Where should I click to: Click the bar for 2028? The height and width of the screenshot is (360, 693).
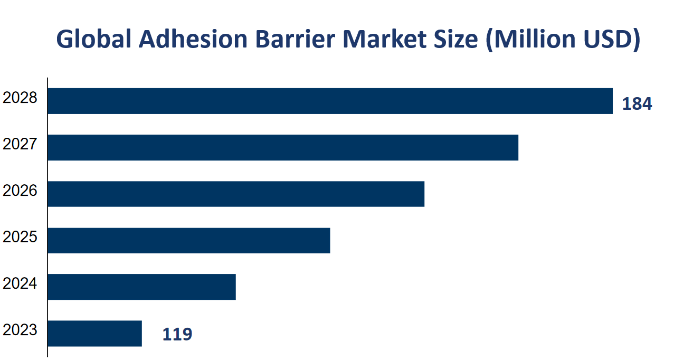click(330, 101)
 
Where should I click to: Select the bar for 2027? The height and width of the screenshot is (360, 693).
click(283, 147)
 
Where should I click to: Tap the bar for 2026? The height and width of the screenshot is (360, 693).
click(236, 194)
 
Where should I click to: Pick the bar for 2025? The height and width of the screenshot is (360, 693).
click(188, 240)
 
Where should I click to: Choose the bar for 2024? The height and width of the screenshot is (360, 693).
click(141, 287)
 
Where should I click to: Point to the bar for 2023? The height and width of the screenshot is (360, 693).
click(94, 333)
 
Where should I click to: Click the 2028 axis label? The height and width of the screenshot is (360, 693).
click(20, 98)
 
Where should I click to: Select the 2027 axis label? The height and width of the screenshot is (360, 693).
click(20, 144)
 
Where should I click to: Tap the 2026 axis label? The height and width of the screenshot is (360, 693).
click(20, 191)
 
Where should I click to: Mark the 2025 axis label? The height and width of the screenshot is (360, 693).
click(20, 237)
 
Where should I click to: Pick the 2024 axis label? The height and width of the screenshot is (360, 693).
click(20, 283)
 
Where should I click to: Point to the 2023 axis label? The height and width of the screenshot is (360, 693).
click(20, 330)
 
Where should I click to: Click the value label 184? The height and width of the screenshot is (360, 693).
click(637, 104)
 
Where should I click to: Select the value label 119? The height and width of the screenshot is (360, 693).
click(177, 334)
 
